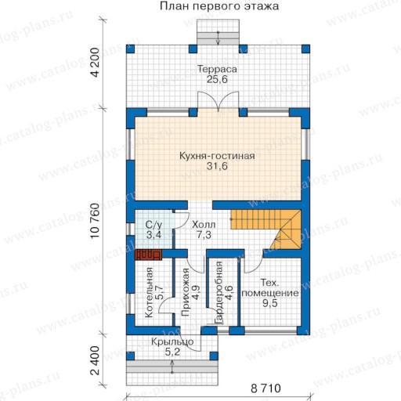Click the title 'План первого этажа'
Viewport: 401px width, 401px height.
pos(219,6)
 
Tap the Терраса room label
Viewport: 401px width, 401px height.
pos(217,69)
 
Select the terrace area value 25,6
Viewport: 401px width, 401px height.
pos(217,79)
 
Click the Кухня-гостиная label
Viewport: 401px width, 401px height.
pos(217,156)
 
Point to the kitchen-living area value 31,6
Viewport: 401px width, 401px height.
pos(217,166)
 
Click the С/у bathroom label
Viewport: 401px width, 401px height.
pos(154,225)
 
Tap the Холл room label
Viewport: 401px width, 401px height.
pos(204,225)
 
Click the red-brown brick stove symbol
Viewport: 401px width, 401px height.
pos(148,255)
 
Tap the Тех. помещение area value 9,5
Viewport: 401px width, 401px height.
pos(270,303)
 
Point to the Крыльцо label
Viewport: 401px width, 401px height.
pos(172,341)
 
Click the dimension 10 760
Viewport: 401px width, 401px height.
pos(96,221)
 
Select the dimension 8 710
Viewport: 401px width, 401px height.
pos(266,388)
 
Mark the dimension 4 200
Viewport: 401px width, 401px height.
pos(96,63)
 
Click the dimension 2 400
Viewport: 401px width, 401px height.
pos(96,360)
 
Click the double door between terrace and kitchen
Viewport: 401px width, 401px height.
pos(218,102)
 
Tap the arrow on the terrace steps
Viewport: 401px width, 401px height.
pos(218,38)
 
